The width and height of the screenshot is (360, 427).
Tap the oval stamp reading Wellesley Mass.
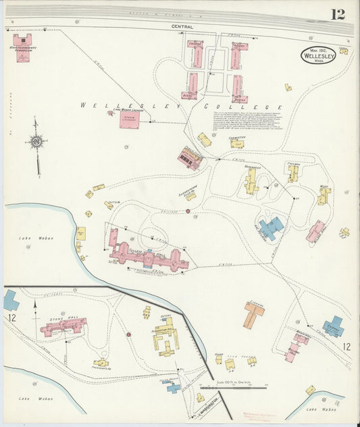(x=317, y=55)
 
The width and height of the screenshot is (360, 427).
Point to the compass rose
(x=36, y=141)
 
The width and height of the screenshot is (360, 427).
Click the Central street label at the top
(x=182, y=27)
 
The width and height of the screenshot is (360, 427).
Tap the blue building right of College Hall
(x=271, y=228)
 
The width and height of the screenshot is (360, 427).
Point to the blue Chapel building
(x=333, y=327)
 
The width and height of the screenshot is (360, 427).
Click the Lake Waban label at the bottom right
(x=320, y=409)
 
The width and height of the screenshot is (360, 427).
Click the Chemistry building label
(x=236, y=137)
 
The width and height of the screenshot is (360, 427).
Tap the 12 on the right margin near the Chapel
(x=346, y=347)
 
